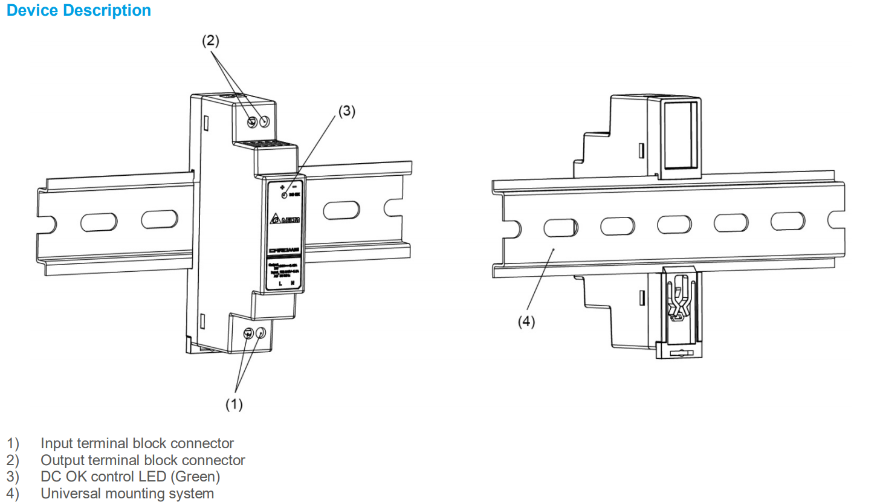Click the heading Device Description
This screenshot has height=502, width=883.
pyautogui.click(x=79, y=11)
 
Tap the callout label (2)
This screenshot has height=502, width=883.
pyautogui.click(x=210, y=40)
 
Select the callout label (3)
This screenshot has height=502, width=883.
pyautogui.click(x=346, y=111)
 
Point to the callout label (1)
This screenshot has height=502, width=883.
pyautogui.click(x=234, y=404)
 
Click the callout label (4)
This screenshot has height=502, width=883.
pyautogui.click(x=526, y=321)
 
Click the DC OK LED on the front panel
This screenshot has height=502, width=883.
pyautogui.click(x=284, y=195)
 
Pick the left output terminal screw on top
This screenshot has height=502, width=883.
pyautogui.click(x=253, y=122)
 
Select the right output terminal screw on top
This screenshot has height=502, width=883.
pyautogui.click(x=265, y=121)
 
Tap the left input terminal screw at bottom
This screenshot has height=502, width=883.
pyautogui.click(x=248, y=333)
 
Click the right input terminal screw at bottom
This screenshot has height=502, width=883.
pyautogui.click(x=260, y=332)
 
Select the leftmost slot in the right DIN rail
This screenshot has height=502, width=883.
pyautogui.click(x=560, y=228)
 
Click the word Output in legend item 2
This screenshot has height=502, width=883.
pyautogui.click(x=62, y=460)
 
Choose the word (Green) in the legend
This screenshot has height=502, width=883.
pyautogui.click(x=195, y=477)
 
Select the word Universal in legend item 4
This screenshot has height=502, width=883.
pyautogui.click(x=70, y=494)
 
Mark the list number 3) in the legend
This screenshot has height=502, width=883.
pyautogui.click(x=13, y=477)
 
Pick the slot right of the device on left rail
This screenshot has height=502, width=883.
pyautogui.click(x=341, y=210)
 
